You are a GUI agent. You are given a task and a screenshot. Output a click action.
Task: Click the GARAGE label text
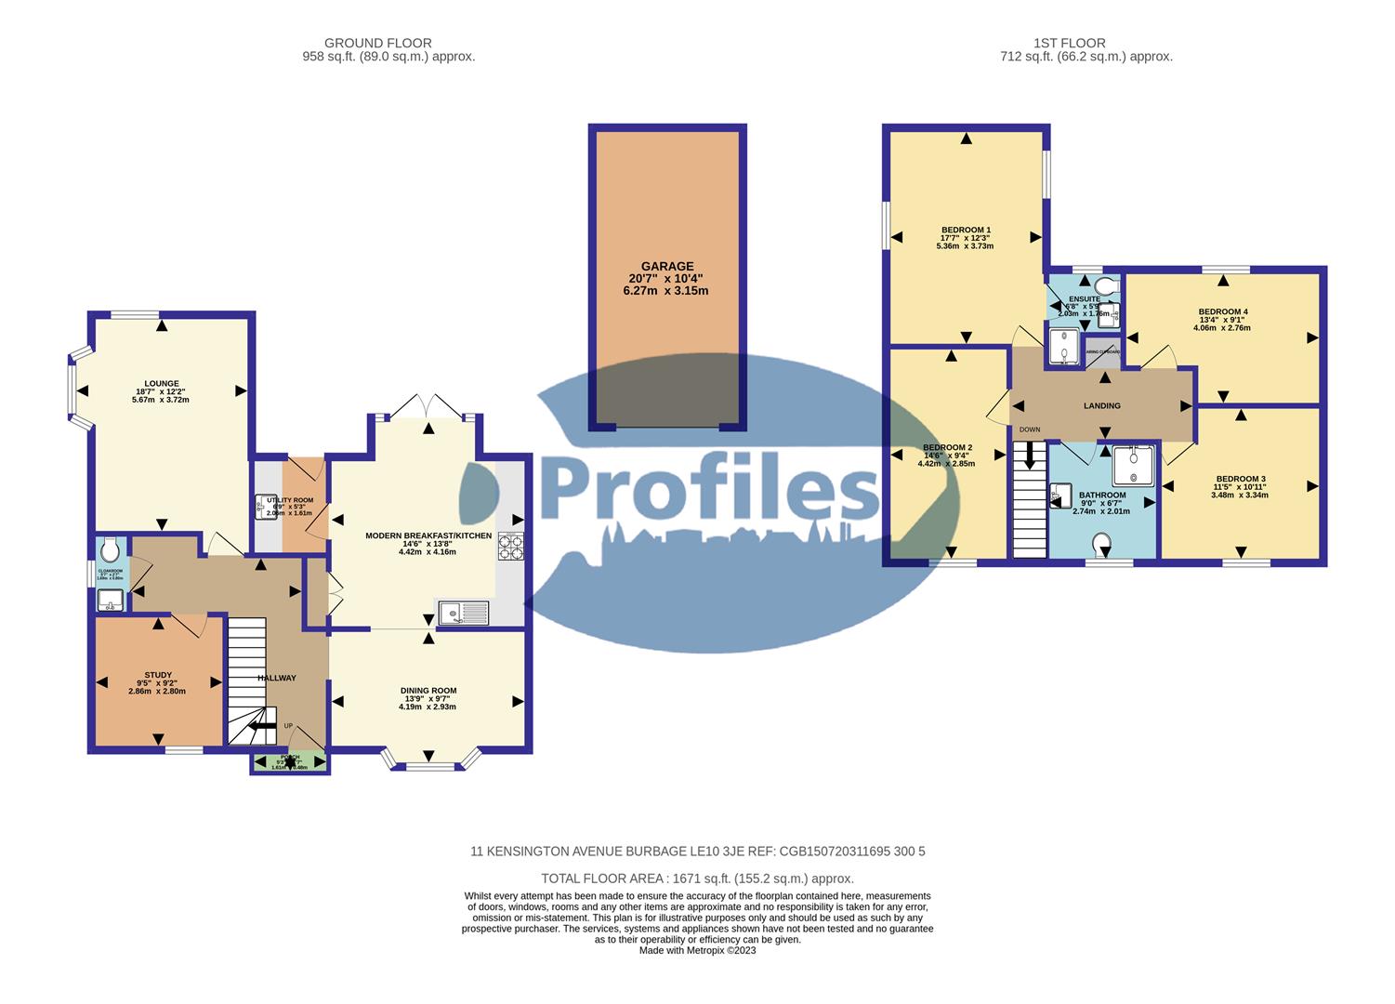coord(666,267)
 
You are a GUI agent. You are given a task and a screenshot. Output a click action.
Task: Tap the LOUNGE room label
coord(161,383)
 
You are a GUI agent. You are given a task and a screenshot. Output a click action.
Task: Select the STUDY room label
coord(157,676)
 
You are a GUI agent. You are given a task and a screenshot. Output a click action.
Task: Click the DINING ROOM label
coord(428,691)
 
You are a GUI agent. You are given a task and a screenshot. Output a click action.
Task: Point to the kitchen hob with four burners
coord(510,546)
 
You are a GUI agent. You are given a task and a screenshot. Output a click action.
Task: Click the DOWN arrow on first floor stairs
coord(1029,456)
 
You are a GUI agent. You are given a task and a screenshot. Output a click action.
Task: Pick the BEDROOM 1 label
coord(966,230)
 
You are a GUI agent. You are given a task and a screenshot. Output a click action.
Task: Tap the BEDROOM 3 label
coord(1239,480)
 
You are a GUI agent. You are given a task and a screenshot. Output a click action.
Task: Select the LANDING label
coord(1101,406)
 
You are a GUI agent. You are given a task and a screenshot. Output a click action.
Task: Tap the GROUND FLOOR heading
coord(377,43)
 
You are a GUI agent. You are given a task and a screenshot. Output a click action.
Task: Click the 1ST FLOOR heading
coord(1069,43)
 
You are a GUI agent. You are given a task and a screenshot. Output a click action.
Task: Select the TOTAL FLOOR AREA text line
coord(697,878)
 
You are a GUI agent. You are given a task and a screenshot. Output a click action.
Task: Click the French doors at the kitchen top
coord(427,406)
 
